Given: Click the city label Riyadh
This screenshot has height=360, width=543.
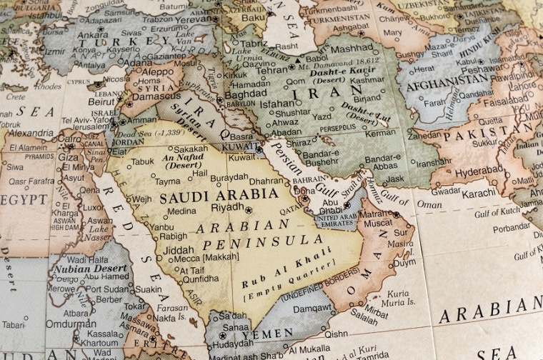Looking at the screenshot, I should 227,208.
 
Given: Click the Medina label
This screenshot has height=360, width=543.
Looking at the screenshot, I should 181,211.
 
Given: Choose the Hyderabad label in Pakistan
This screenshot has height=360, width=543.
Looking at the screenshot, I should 480,172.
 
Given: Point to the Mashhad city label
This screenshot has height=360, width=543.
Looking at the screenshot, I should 351,49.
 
